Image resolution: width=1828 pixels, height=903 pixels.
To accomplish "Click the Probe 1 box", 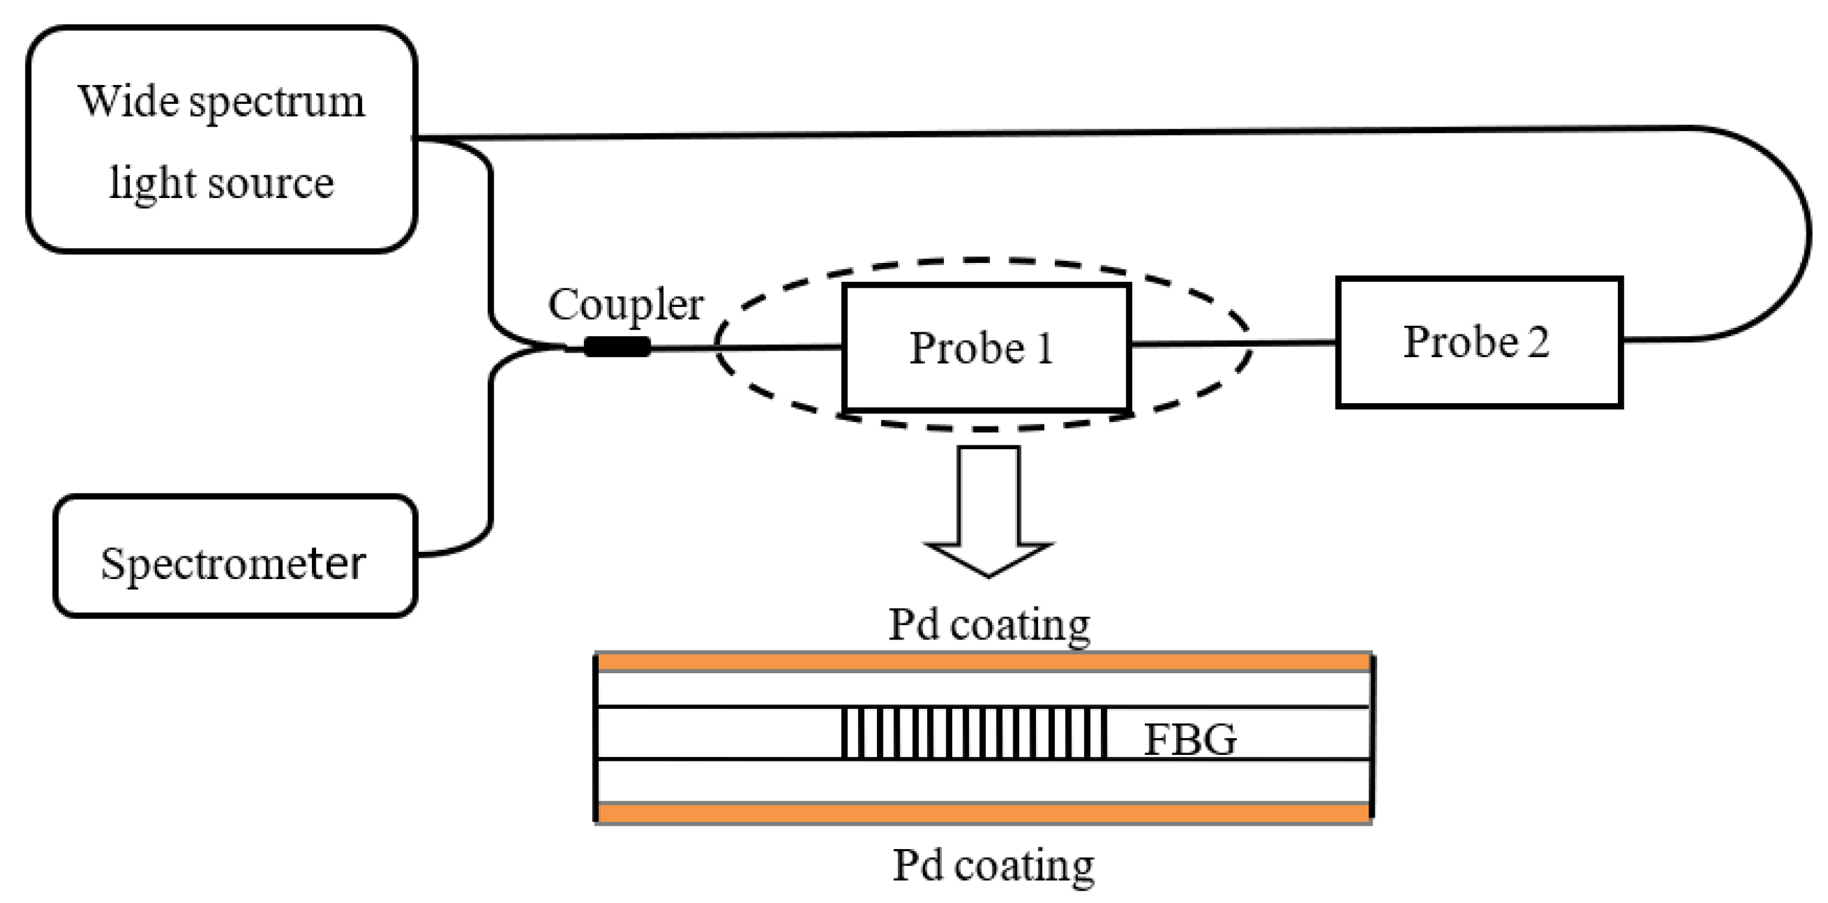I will coord(987,348).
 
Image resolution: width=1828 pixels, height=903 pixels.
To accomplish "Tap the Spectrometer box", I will coord(234,556).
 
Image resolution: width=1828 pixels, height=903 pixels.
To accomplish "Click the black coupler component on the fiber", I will coord(617,347).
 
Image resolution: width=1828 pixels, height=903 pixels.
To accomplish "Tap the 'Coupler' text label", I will coord(625,305).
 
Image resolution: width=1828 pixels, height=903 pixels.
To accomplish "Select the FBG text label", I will coord(1190,739).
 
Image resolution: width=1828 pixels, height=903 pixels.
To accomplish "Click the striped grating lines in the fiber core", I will coord(974,733).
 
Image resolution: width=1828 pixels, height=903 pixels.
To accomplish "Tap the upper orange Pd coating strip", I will coord(983,663).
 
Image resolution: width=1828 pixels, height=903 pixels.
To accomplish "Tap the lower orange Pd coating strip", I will coord(983,813).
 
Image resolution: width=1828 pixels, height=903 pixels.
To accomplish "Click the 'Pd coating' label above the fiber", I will coord(989,625).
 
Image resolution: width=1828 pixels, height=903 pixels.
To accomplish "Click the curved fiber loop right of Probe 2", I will coord(1806,234).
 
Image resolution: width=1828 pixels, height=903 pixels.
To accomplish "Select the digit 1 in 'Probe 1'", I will coord(1043,349).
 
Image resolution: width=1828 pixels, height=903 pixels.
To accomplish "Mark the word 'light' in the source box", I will coord(152,183).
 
